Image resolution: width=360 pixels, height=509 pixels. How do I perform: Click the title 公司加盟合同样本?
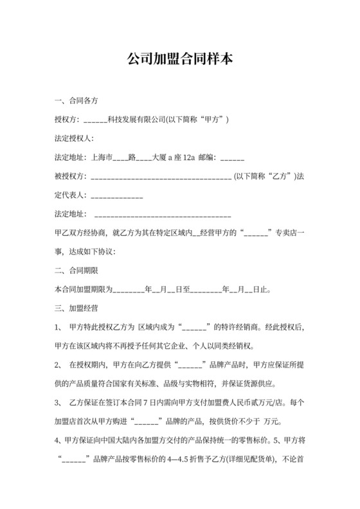[x=179, y=59]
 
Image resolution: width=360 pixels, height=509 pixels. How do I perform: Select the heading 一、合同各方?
[x=76, y=102]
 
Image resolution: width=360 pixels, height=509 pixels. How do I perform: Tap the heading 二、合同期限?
[x=76, y=270]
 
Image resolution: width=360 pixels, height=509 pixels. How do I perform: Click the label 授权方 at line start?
[x=66, y=120]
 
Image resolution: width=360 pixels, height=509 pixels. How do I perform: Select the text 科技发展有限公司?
[x=136, y=120]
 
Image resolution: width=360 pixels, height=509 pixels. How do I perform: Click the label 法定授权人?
[x=73, y=139]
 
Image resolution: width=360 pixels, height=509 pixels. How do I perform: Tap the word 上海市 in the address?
[x=103, y=157]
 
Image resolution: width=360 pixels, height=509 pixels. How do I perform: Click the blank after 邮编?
[x=232, y=157]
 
